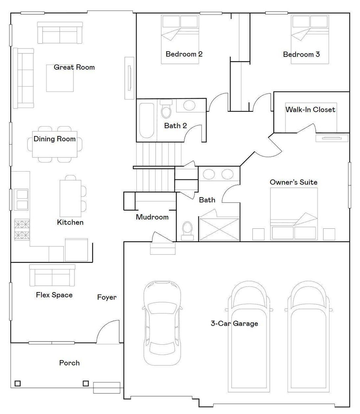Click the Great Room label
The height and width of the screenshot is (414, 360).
point(74,67)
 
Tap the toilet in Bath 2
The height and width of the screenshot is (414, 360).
point(166,109)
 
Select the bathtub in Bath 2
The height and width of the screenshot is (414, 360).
point(147,121)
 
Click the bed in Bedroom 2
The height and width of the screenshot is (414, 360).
point(180,39)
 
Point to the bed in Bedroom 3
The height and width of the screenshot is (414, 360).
point(310,39)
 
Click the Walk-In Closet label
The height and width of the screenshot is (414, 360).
point(310,110)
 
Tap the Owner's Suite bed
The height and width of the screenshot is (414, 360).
point(294,214)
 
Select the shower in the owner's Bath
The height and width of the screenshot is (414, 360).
point(219,228)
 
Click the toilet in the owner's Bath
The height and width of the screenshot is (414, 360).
point(187,231)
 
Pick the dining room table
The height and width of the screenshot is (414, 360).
point(55,144)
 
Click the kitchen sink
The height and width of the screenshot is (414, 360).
point(21,200)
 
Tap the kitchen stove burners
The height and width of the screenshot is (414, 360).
point(22,230)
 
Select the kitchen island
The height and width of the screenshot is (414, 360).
point(70,198)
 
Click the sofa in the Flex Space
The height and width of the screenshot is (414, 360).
point(52,276)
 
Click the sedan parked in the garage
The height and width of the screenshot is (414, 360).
point(162,323)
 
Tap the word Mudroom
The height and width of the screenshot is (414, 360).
point(152,217)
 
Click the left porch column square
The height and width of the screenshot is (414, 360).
point(18,383)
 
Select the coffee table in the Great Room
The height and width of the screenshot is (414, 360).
point(60,78)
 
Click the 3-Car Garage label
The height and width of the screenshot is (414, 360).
point(234,323)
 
